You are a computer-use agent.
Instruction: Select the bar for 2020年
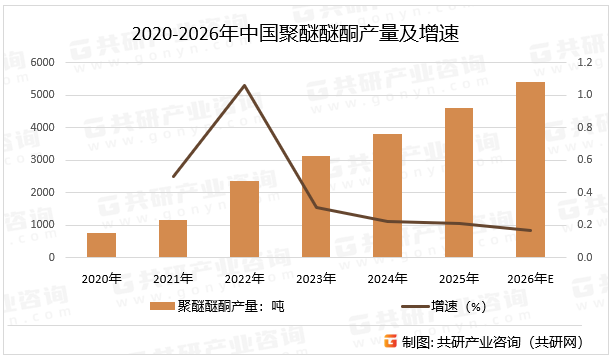(101, 245)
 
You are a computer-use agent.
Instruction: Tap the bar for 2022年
(244, 219)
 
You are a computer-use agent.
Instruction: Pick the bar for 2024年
(387, 196)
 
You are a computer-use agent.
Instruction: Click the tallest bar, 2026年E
(530, 170)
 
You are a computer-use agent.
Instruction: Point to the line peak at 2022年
(244, 86)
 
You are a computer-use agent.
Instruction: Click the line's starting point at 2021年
(173, 176)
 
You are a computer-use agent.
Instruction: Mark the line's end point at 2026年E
(530, 231)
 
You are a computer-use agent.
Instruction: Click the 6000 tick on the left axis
(43, 62)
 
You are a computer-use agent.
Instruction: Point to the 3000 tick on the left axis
(43, 160)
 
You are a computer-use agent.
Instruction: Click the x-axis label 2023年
(315, 277)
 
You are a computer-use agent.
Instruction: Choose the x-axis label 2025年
(458, 277)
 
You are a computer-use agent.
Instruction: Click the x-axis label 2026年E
(530, 277)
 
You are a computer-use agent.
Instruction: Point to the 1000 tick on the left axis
(43, 225)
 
